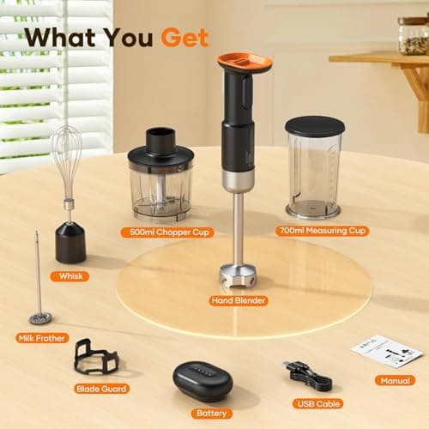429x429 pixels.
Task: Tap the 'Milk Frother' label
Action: pyautogui.click(x=42, y=339)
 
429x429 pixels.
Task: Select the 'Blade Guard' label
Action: pyautogui.click(x=101, y=389)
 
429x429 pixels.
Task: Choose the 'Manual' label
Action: pyautogui.click(x=394, y=380)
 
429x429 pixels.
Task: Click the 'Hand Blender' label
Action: pyautogui.click(x=238, y=300)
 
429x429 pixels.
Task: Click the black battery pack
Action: pyautogui.click(x=202, y=380)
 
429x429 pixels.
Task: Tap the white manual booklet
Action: pyautogui.click(x=386, y=350)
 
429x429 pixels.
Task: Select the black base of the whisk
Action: pyautogui.click(x=70, y=243)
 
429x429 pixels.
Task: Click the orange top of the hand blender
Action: pyautogui.click(x=245, y=62)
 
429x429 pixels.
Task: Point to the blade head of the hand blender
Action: pyautogui.click(x=238, y=277)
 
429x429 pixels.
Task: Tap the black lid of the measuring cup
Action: pyautogui.click(x=315, y=125)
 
